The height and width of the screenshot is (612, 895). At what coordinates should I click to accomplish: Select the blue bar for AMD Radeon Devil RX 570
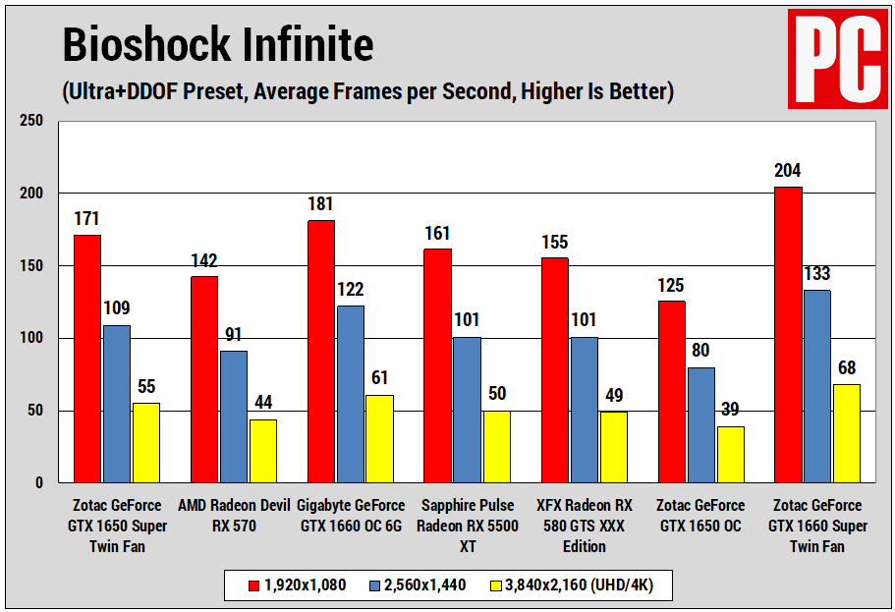[234, 417]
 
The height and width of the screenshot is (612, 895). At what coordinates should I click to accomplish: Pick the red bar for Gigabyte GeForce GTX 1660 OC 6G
[321, 351]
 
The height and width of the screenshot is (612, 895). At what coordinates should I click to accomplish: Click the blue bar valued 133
[817, 386]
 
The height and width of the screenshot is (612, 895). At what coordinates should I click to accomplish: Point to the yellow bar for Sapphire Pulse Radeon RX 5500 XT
[497, 446]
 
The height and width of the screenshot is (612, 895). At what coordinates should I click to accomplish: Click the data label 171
[87, 218]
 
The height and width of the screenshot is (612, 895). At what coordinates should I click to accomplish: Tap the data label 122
[350, 290]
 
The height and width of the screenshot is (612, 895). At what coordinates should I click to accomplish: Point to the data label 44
[262, 403]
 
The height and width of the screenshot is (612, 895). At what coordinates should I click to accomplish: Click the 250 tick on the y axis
[32, 121]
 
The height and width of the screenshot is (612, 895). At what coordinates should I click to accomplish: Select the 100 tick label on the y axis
[32, 339]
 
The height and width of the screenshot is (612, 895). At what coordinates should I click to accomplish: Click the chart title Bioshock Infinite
[218, 45]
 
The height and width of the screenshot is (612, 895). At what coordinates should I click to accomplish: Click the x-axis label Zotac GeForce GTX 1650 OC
[700, 516]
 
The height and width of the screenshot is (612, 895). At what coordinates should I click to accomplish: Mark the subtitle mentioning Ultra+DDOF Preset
[367, 92]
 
